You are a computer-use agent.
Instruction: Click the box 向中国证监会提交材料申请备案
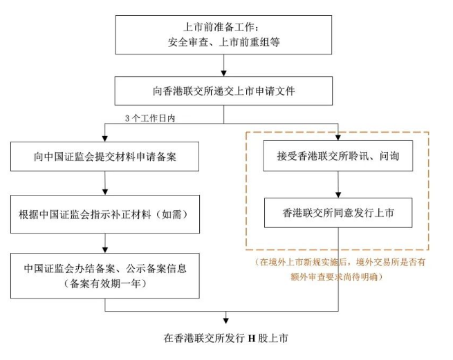(x=105, y=157)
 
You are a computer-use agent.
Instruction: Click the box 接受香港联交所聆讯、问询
(x=338, y=157)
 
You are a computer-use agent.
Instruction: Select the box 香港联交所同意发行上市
(x=338, y=213)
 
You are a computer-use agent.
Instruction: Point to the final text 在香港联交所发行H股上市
(x=225, y=339)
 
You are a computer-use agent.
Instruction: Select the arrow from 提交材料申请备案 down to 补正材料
(x=105, y=184)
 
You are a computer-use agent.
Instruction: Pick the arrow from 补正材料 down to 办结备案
(x=105, y=242)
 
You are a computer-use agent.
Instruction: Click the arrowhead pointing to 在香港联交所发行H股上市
(x=225, y=320)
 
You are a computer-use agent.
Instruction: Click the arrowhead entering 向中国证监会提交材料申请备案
(x=105, y=138)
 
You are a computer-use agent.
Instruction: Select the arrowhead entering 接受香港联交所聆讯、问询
(x=338, y=138)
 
